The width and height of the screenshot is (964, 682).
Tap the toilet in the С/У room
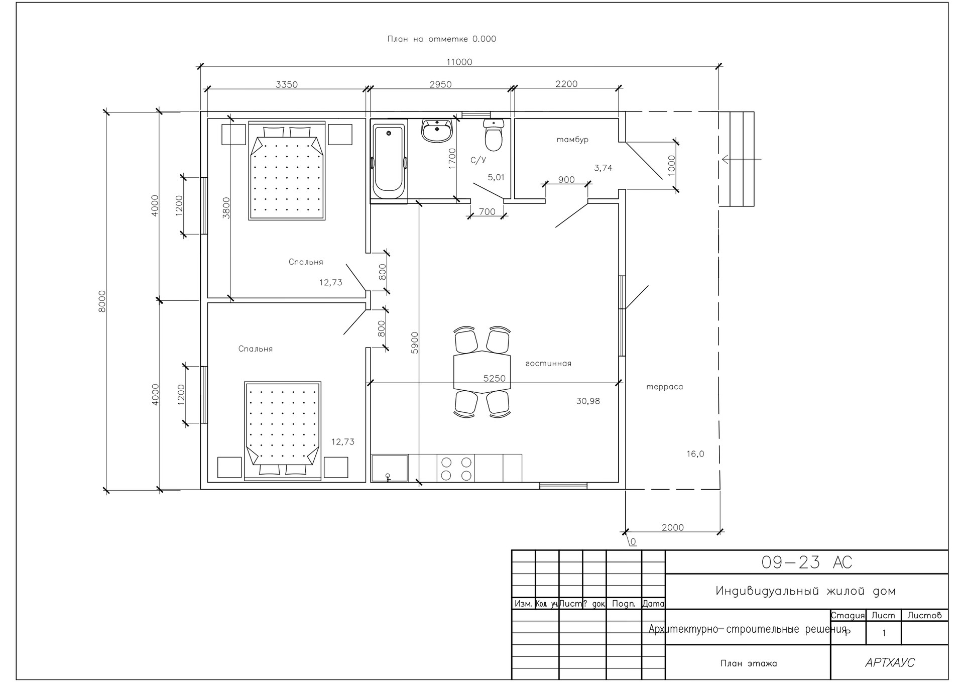click(494, 135)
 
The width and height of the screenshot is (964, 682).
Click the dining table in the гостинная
click(481, 372)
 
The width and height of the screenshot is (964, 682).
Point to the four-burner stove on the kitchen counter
click(456, 468)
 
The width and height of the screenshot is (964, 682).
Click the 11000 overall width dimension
click(459, 62)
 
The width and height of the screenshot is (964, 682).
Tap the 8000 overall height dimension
click(102, 301)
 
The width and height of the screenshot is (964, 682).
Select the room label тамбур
click(572, 140)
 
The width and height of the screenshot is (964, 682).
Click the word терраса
click(664, 387)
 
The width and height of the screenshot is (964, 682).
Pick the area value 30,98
click(588, 401)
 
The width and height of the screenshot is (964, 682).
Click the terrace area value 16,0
click(695, 454)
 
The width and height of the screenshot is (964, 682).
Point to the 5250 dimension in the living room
click(495, 378)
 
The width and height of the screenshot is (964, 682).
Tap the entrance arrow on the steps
click(742, 159)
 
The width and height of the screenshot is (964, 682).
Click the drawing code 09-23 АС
click(807, 562)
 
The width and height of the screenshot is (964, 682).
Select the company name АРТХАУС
click(890, 663)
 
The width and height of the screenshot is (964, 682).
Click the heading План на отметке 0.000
click(442, 39)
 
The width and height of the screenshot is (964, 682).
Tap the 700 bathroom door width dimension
click(487, 212)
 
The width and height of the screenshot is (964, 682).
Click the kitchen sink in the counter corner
click(390, 468)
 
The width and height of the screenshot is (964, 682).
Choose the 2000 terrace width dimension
click(673, 527)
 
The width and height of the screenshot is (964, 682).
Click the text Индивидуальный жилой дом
click(806, 591)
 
